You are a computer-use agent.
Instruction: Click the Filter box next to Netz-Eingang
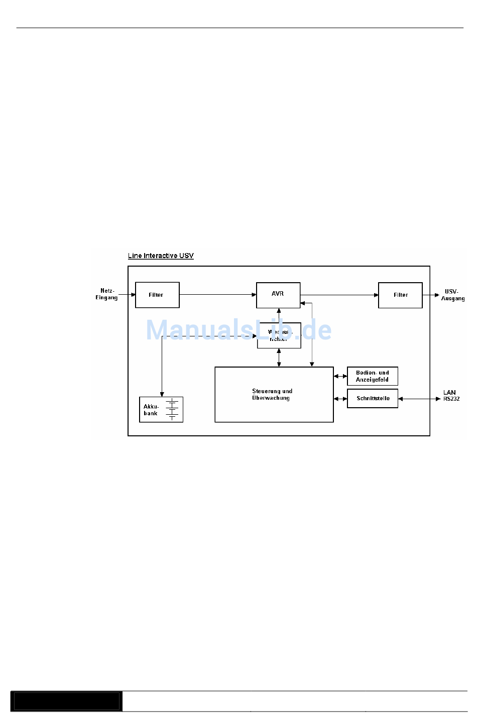(157, 295)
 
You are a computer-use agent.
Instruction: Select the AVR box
(278, 295)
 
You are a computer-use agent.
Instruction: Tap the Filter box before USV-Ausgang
(400, 295)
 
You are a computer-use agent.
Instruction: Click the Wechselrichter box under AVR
(279, 335)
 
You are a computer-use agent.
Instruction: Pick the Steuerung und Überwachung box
(274, 395)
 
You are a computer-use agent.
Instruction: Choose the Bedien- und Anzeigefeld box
(372, 376)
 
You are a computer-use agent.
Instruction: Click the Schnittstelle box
(372, 398)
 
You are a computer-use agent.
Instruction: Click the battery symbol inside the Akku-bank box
(172, 409)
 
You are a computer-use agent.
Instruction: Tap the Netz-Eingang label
(107, 294)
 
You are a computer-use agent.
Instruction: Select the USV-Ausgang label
(452, 295)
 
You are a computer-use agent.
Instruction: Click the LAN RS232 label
(451, 396)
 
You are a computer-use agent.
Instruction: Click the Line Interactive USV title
(161, 256)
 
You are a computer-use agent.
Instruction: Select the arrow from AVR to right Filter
(339, 295)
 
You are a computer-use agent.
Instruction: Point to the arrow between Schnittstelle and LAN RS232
(419, 399)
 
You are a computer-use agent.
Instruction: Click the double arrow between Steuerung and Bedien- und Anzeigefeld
(340, 376)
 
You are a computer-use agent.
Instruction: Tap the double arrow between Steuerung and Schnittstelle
(340, 399)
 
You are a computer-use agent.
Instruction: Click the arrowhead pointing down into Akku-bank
(162, 394)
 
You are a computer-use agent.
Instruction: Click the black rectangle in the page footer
(66, 701)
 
